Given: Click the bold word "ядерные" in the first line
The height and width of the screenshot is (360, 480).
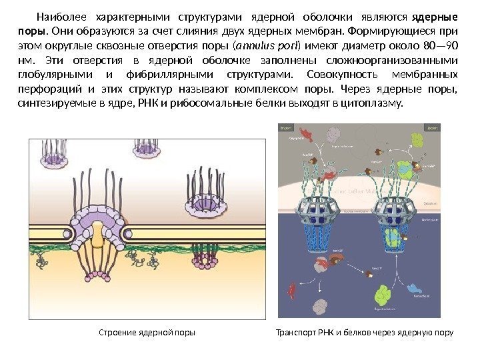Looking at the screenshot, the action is (x=436, y=17).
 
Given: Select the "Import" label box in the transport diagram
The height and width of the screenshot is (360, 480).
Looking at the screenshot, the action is (x=289, y=127).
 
